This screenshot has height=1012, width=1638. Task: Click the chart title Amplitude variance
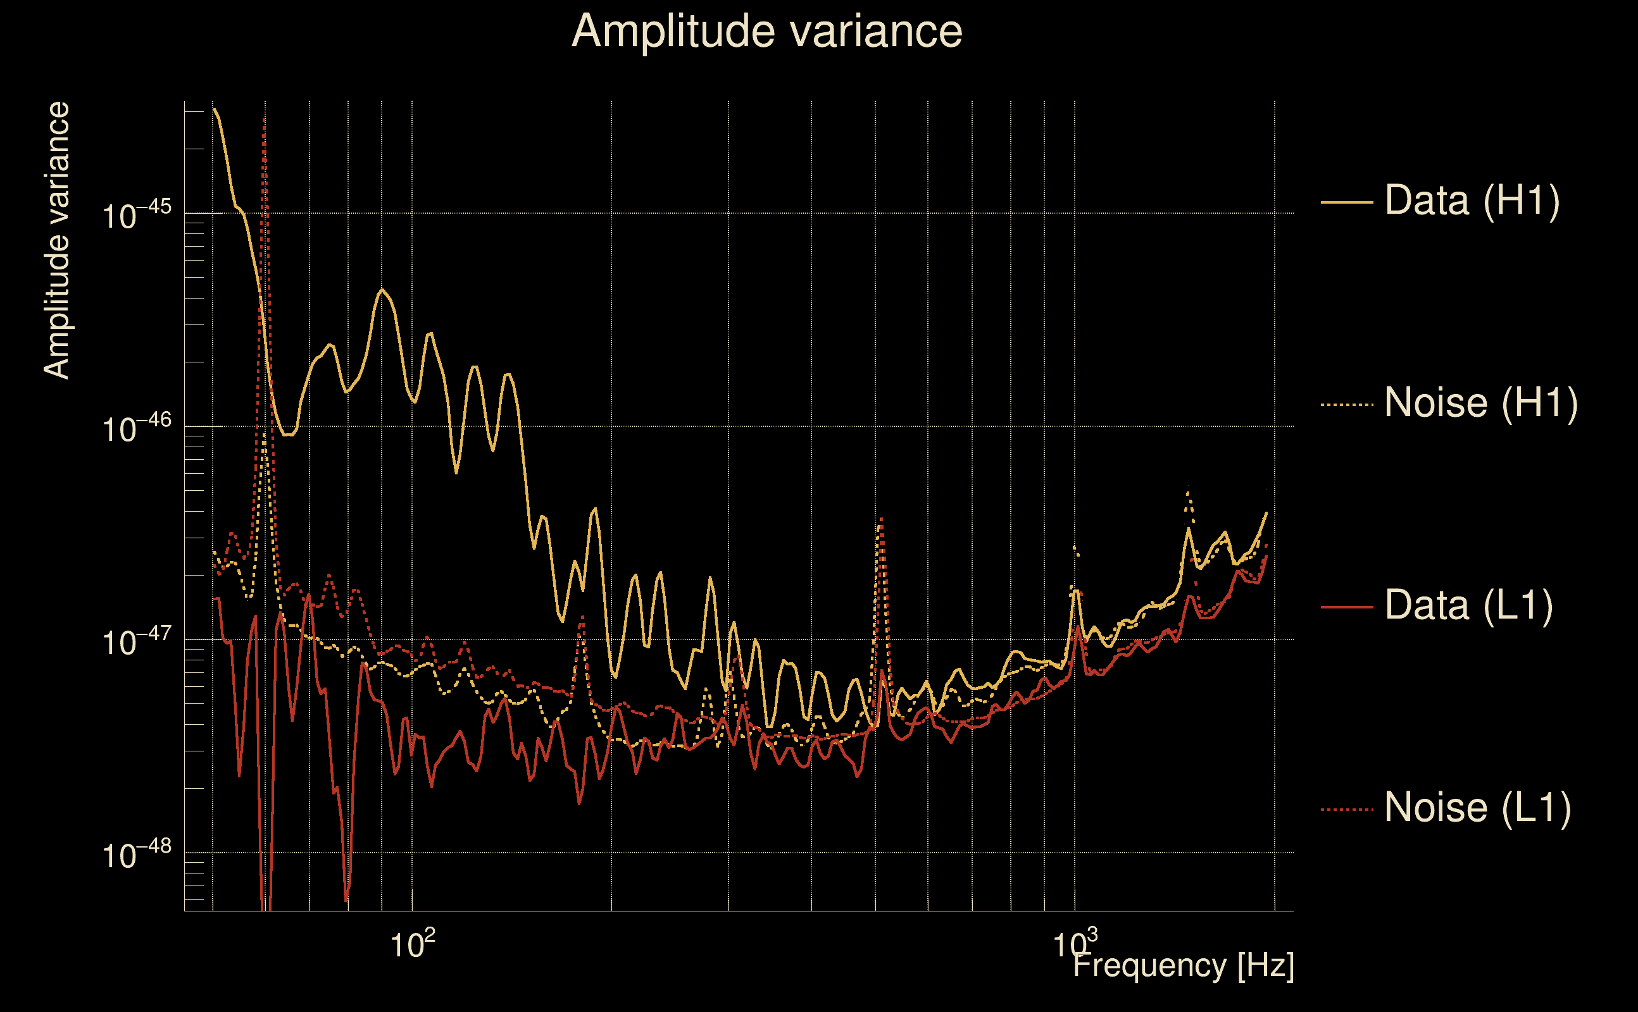coord(766,32)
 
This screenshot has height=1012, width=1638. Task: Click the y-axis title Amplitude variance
coord(57,241)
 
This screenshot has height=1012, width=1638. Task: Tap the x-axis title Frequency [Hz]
coord(1184,966)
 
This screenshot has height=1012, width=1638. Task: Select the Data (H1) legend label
coord(1472,200)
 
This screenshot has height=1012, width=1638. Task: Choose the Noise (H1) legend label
coord(1480,403)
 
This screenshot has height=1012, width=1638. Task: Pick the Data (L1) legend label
coord(1468,606)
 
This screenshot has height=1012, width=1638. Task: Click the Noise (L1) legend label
coord(1477,808)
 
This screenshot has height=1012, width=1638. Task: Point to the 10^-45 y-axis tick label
coord(137,216)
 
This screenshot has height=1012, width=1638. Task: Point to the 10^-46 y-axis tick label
coord(137,428)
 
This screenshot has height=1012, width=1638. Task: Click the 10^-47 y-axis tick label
coord(137,642)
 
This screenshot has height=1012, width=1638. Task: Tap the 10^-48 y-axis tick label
coord(137,855)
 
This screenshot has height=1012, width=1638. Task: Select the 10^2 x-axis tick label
coord(412,944)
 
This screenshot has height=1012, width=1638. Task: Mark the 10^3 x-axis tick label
coord(1074,944)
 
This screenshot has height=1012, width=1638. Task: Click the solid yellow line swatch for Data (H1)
coord(1347,201)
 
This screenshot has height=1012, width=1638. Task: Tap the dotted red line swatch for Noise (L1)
coord(1347,809)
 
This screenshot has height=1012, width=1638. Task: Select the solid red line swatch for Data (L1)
coord(1347,607)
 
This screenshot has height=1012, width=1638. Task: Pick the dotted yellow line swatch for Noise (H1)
coord(1347,404)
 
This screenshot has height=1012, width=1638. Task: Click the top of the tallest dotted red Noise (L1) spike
coord(265,119)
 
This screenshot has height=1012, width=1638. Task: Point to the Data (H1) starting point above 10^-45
coord(214,109)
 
